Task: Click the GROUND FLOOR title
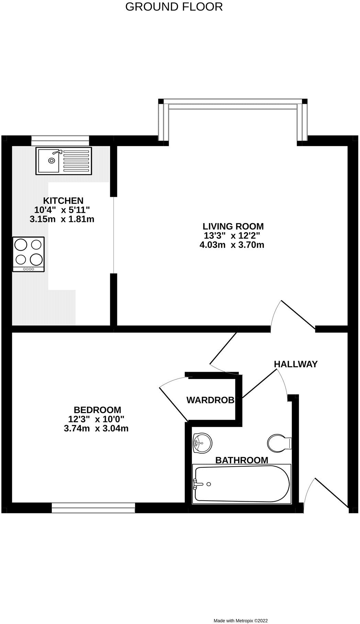(x=174, y=7)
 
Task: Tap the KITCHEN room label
(x=63, y=200)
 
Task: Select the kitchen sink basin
(x=48, y=160)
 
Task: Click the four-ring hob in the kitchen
(x=29, y=254)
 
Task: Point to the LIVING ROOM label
(x=233, y=226)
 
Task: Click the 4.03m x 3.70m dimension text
(x=232, y=245)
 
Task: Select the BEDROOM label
(x=97, y=410)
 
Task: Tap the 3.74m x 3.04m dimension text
(x=96, y=428)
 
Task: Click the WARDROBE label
(x=211, y=400)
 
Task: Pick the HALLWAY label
(x=295, y=364)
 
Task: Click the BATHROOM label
(x=241, y=460)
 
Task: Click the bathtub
(x=242, y=483)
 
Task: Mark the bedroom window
(x=93, y=508)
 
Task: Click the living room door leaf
(x=298, y=314)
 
